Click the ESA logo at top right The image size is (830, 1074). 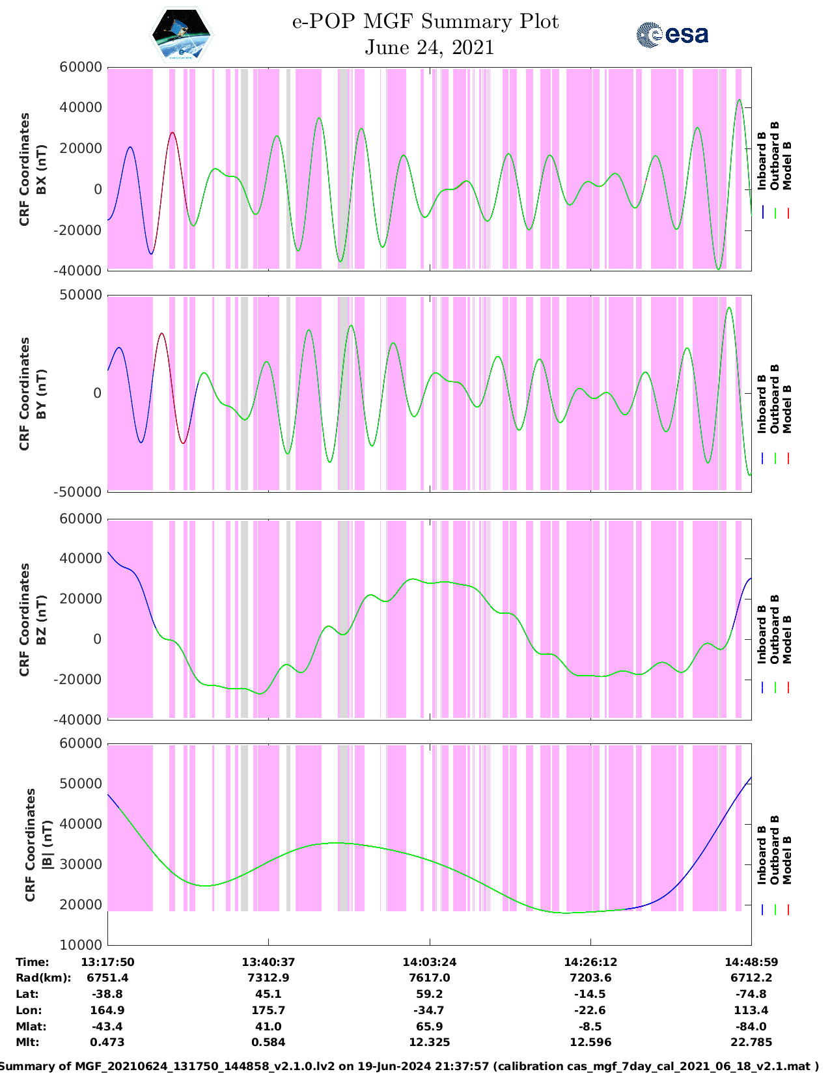tap(672, 34)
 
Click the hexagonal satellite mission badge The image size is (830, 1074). tap(182, 35)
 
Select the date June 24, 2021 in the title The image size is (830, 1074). tap(429, 48)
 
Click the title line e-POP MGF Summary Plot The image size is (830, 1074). tap(425, 21)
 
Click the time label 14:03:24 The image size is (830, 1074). tap(429, 962)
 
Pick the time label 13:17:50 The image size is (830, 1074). tap(107, 962)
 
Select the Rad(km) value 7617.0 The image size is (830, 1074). tap(429, 978)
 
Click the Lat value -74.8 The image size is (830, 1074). tap(751, 994)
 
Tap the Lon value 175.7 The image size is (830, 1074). tap(268, 1010)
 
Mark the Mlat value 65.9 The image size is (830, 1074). tap(429, 1026)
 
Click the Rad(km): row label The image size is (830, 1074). tap(43, 978)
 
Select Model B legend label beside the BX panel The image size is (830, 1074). tap(787, 165)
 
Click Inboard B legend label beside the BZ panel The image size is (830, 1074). tap(762, 635)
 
